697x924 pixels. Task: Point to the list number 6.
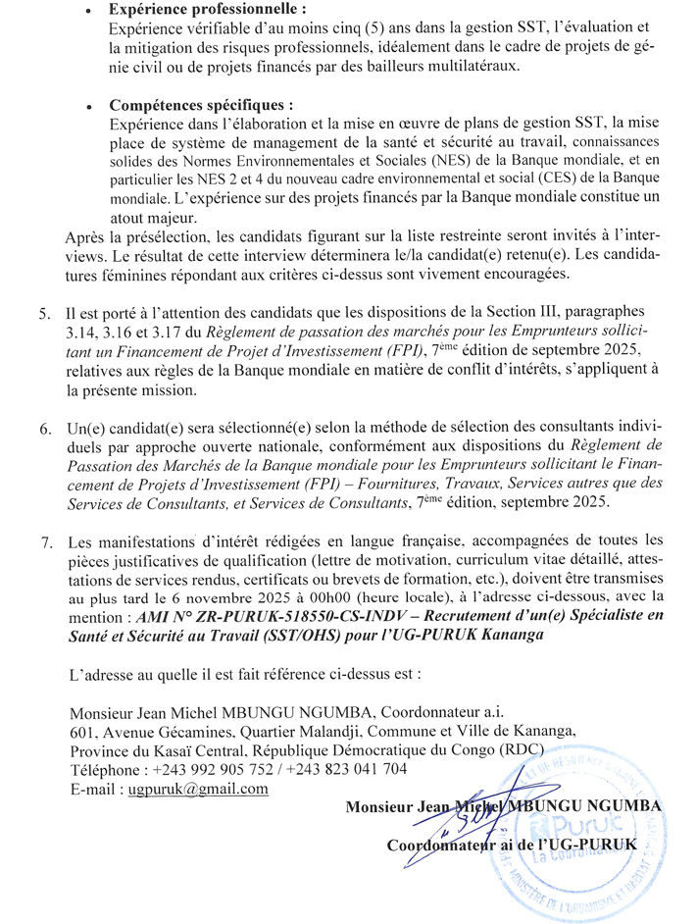point(44,432)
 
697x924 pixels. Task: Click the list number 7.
point(44,541)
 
